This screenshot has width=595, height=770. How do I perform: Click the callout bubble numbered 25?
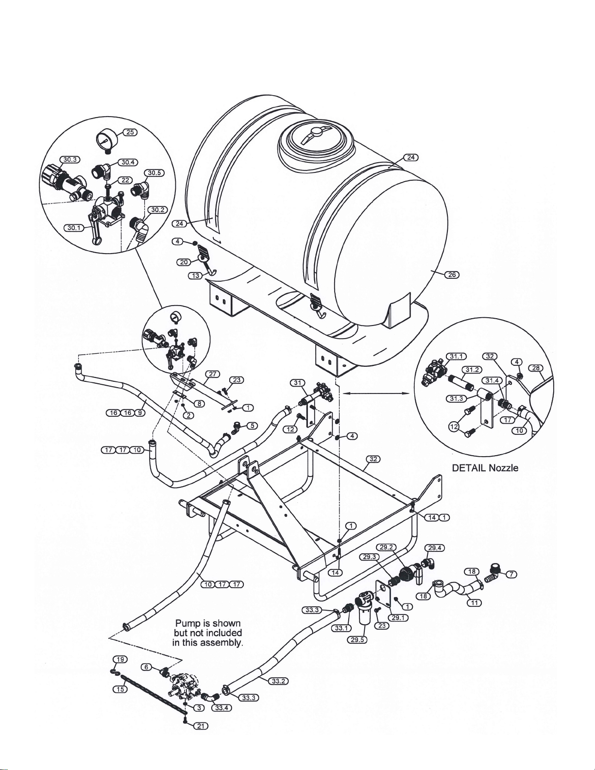pos(130,132)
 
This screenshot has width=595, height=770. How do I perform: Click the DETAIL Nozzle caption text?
pos(485,468)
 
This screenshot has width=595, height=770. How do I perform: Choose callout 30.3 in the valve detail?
pos(70,159)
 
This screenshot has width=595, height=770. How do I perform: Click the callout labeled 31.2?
pos(472,370)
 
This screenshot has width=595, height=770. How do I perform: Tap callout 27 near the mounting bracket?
pos(213,374)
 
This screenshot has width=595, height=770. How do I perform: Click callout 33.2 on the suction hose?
pos(278,681)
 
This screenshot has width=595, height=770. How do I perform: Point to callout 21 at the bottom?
pos(201,726)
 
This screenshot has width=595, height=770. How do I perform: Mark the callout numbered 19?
pos(120,659)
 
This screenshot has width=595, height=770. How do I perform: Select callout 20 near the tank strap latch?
pos(184,262)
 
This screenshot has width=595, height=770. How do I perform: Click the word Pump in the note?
pos(188,623)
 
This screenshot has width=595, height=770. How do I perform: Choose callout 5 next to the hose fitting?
pos(252,425)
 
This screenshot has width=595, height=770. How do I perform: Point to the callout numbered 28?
pos(536,368)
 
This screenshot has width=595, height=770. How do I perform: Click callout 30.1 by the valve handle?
pos(73,228)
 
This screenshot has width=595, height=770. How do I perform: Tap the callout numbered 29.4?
pos(434,548)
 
